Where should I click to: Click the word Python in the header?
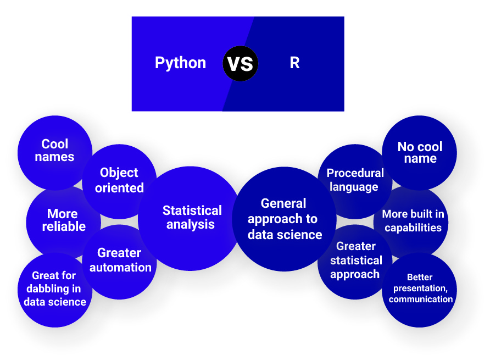tap(180, 63)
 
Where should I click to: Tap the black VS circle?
tap(241, 63)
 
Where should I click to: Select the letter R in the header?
tap(294, 63)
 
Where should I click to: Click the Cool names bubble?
tap(55, 150)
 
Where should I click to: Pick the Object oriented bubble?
tap(119, 180)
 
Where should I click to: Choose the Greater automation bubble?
tap(120, 261)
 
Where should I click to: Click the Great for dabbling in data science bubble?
tap(55, 289)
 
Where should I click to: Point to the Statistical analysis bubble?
tap(191, 218)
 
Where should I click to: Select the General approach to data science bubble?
tap(284, 219)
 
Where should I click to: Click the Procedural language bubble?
tap(355, 180)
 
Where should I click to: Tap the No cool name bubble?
tap(420, 152)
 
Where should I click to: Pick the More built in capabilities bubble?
tap(413, 221)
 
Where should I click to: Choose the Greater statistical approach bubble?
tap(355, 261)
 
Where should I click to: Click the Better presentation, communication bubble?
tap(420, 289)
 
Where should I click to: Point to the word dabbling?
tap(54, 289)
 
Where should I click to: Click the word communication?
tap(421, 300)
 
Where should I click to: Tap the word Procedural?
tap(355, 173)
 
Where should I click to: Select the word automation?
tap(120, 268)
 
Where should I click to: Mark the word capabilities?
tap(413, 228)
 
